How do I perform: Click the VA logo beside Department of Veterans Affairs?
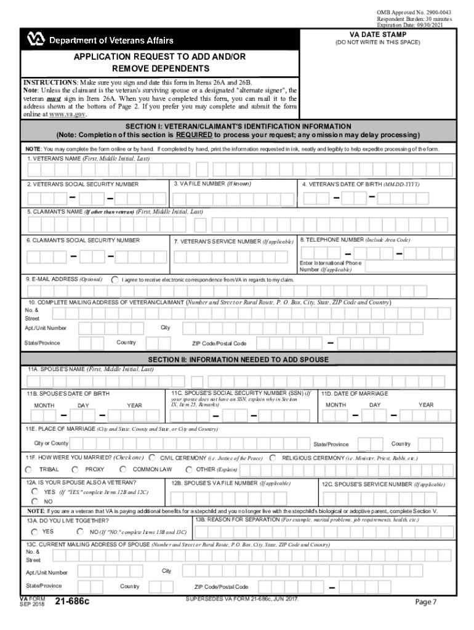(x=36, y=40)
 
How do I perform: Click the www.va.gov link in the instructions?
(x=68, y=114)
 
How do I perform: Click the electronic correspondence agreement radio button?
(x=114, y=279)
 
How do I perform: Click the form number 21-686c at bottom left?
(x=72, y=602)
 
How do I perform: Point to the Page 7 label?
(x=425, y=602)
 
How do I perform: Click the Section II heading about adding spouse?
(x=238, y=359)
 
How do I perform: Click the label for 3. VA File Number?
(x=212, y=183)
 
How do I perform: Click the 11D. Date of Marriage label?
(x=355, y=393)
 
